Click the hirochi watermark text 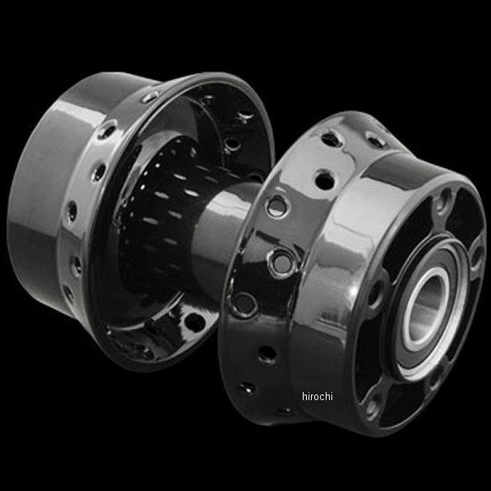tap(318, 396)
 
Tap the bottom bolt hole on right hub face tap(372, 408)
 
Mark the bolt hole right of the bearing tap(475, 258)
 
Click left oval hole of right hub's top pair tap(331, 140)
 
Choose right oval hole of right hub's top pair tap(376, 140)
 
